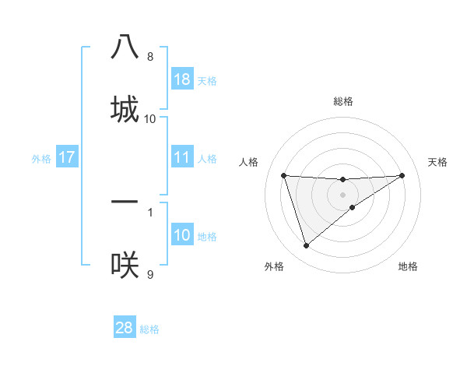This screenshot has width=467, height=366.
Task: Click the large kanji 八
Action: pyautogui.click(x=125, y=48)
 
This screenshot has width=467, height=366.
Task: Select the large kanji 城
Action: pyautogui.click(x=125, y=109)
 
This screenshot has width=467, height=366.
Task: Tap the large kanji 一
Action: pyautogui.click(x=125, y=202)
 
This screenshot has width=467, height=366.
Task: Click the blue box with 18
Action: pyautogui.click(x=182, y=79)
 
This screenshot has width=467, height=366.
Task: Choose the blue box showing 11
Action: pyautogui.click(x=182, y=157)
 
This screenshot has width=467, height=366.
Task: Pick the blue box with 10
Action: pyautogui.click(x=182, y=235)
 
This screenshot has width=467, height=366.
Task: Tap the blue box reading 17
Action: pyautogui.click(x=67, y=157)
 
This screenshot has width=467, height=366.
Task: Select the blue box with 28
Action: pyautogui.click(x=125, y=328)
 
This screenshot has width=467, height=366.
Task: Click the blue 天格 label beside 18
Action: pyautogui.click(x=207, y=81)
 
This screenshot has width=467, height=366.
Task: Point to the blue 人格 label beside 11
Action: pyautogui.click(x=207, y=159)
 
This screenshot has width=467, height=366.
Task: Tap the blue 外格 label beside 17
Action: pyautogui.click(x=41, y=159)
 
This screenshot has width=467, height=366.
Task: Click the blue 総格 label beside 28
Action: pyautogui.click(x=149, y=329)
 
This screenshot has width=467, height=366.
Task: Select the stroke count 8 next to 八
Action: pyautogui.click(x=150, y=57)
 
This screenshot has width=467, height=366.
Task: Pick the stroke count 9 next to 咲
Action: pyautogui.click(x=150, y=274)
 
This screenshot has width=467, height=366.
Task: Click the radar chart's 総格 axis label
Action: pyautogui.click(x=343, y=101)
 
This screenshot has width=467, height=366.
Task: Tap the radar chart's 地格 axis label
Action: pyautogui.click(x=408, y=266)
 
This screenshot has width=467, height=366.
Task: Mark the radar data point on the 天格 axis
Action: pyautogui.click(x=402, y=175)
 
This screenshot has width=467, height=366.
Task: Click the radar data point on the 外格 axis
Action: pyautogui.click(x=306, y=246)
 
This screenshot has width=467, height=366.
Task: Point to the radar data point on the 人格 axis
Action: pyautogui.click(x=284, y=175)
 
